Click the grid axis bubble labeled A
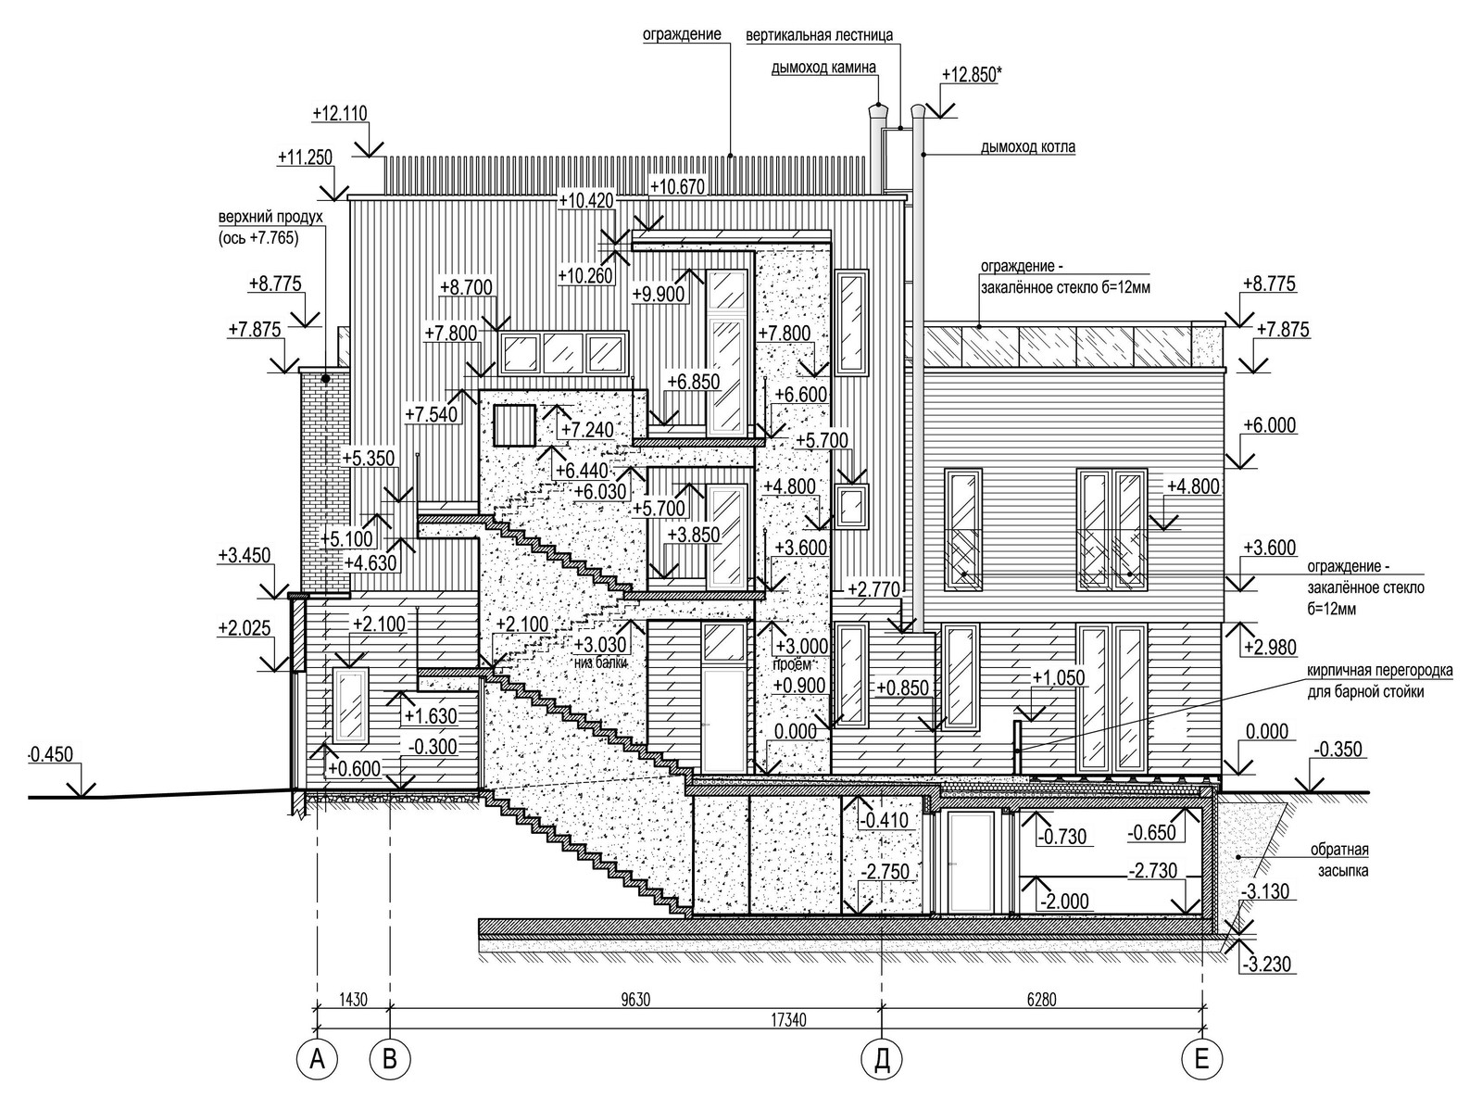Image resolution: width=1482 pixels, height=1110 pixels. pyautogui.click(x=318, y=1058)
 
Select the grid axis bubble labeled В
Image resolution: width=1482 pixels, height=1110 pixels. pyautogui.click(x=389, y=1058)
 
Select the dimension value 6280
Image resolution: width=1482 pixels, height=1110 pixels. pyautogui.click(x=1042, y=1000)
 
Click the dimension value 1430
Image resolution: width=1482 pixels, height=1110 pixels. pyautogui.click(x=353, y=1000)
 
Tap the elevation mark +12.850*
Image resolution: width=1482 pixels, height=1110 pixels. pyautogui.click(x=970, y=74)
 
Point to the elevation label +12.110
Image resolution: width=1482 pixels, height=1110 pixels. pyautogui.click(x=340, y=114)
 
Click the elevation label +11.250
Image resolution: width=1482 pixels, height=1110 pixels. pyautogui.click(x=305, y=158)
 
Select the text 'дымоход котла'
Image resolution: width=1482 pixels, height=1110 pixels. pyautogui.click(x=1027, y=147)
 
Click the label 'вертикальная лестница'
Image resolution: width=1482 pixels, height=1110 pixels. pyautogui.click(x=820, y=36)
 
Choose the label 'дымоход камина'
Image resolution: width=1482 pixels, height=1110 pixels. pyautogui.click(x=823, y=67)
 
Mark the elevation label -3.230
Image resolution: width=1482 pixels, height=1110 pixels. pyautogui.click(x=1265, y=963)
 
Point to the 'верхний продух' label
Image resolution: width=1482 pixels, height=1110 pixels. pyautogui.click(x=270, y=218)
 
